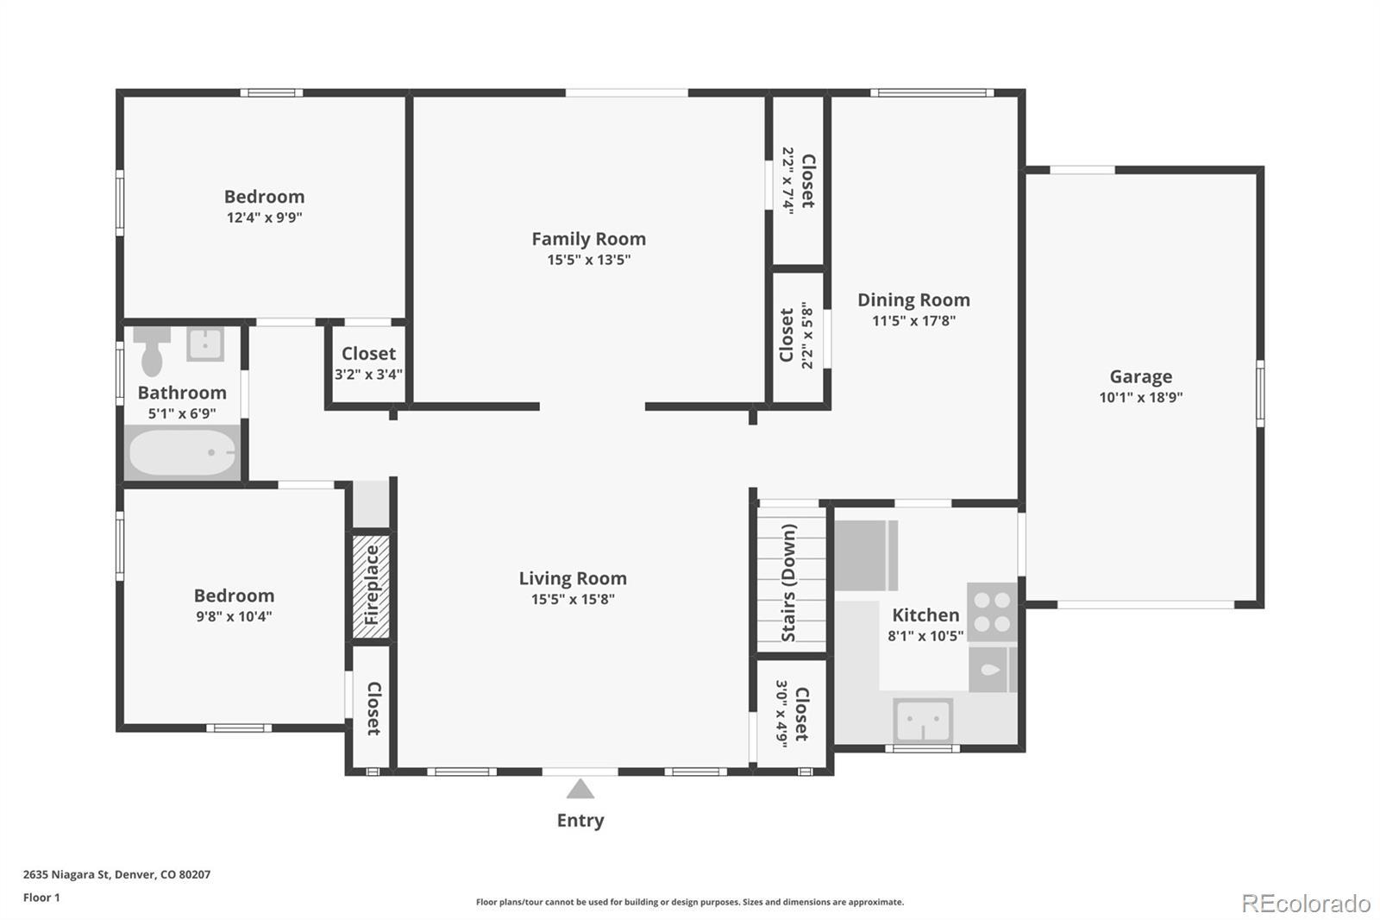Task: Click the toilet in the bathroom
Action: pyautogui.click(x=152, y=350)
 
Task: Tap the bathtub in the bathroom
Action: pyautogui.click(x=182, y=452)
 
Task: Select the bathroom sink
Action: pyautogui.click(x=206, y=343)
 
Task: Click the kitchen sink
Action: pyautogui.click(x=923, y=721)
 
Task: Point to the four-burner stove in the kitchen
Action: pyautogui.click(x=992, y=612)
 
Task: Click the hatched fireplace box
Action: pyautogui.click(x=371, y=586)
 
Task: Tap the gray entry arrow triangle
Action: pyautogui.click(x=580, y=789)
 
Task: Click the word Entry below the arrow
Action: pyautogui.click(x=580, y=820)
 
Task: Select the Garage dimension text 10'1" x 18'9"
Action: pyautogui.click(x=1141, y=397)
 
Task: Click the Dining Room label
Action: pyautogui.click(x=913, y=299)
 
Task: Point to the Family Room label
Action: pyautogui.click(x=589, y=239)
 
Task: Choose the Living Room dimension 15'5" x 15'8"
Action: pyautogui.click(x=573, y=599)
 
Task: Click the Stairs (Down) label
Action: pyautogui.click(x=788, y=583)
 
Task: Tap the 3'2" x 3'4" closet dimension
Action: pyautogui.click(x=368, y=375)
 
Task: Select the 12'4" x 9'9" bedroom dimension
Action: pyautogui.click(x=264, y=217)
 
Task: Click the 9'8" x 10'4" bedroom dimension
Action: pyautogui.click(x=234, y=616)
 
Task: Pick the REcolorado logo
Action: pyautogui.click(x=1306, y=904)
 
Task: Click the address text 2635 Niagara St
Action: pyautogui.click(x=66, y=874)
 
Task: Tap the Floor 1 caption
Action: pyautogui.click(x=42, y=898)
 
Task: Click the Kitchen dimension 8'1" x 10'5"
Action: pyautogui.click(x=925, y=636)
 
